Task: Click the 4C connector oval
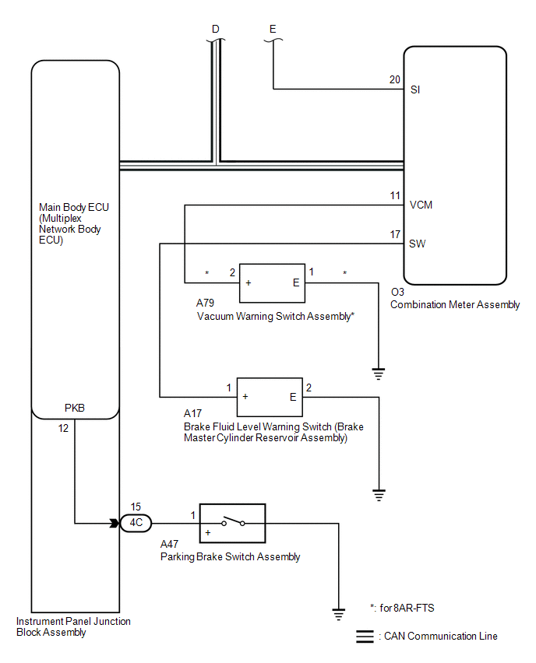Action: [136, 523]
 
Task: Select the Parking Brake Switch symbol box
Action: [233, 523]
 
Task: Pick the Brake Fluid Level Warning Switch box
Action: [269, 397]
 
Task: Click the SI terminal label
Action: [415, 89]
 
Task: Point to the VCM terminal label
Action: [421, 205]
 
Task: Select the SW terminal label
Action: [418, 243]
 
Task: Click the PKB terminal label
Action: [75, 407]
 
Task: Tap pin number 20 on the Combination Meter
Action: [394, 79]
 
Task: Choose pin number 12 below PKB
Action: [64, 426]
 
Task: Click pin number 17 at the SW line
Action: [395, 233]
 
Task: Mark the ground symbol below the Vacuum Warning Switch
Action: [379, 373]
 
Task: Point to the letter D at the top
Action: [216, 30]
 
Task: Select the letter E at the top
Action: [273, 30]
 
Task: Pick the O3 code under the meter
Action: [397, 292]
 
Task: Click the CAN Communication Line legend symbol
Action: [365, 636]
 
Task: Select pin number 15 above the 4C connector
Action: [136, 507]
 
